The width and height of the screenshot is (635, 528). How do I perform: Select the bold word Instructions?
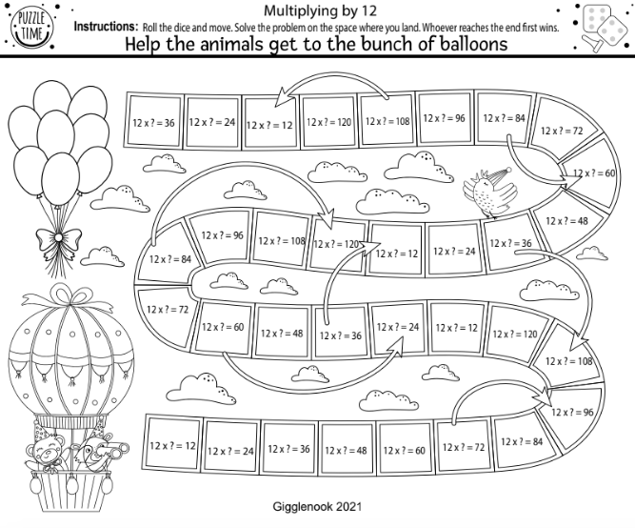click(x=106, y=26)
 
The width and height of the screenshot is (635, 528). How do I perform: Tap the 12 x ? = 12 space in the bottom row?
click(x=171, y=445)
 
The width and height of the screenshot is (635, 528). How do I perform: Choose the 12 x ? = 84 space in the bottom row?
click(x=521, y=441)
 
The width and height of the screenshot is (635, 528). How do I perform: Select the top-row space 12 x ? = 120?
click(x=329, y=122)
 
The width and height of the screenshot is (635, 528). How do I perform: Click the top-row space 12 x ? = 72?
click(x=561, y=132)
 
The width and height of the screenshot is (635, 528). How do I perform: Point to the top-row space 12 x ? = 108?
click(x=387, y=121)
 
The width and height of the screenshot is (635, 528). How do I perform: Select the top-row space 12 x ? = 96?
click(x=445, y=118)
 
